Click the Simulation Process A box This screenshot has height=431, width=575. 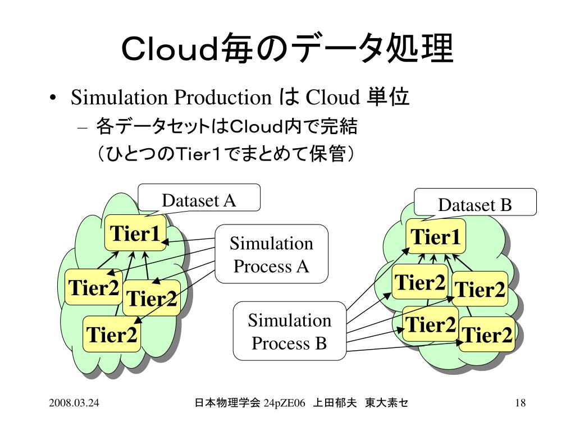click(271, 254)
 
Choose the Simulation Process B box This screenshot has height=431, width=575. click(289, 331)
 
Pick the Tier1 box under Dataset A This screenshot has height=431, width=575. click(136, 233)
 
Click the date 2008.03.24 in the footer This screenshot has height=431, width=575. click(74, 402)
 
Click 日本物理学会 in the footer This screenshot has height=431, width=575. click(227, 402)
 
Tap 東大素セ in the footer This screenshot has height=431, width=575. click(386, 402)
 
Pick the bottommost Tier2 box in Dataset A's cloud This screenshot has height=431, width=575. click(111, 334)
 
